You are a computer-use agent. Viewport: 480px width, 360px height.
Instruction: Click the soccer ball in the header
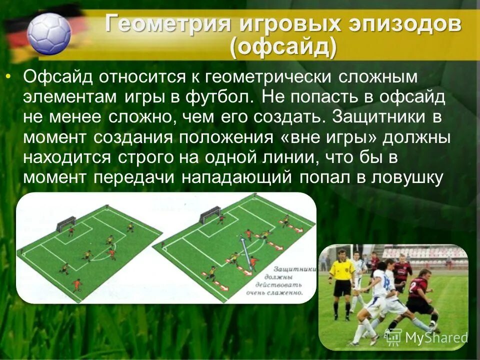coord(48,33)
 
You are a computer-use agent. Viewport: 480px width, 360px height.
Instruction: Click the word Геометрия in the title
coord(168,24)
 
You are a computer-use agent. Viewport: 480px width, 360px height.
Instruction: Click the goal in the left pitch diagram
coord(65,223)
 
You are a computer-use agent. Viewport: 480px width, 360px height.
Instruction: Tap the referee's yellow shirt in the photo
coord(341,269)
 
